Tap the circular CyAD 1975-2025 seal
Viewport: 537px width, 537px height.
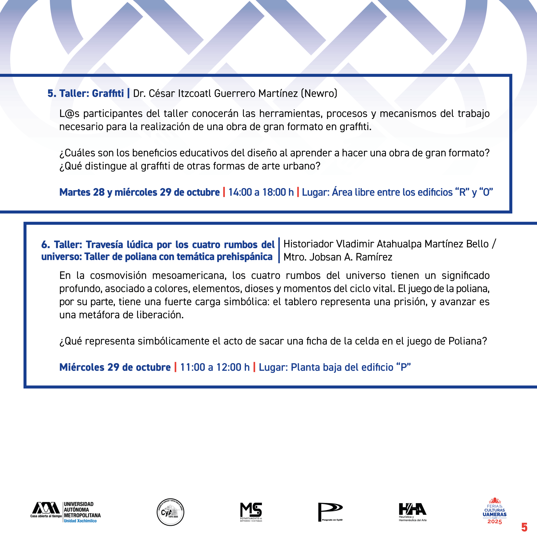pyautogui.click(x=170, y=512)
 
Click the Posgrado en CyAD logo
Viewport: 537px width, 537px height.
pyautogui.click(x=330, y=512)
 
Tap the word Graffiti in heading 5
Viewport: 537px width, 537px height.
pyautogui.click(x=108, y=93)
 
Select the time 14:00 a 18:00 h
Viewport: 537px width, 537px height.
pyautogui.click(x=261, y=192)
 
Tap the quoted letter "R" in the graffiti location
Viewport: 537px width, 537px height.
pyautogui.click(x=463, y=192)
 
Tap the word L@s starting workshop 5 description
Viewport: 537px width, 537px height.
pyautogui.click(x=69, y=113)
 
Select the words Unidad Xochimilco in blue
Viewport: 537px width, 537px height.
pyautogui.click(x=80, y=521)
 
